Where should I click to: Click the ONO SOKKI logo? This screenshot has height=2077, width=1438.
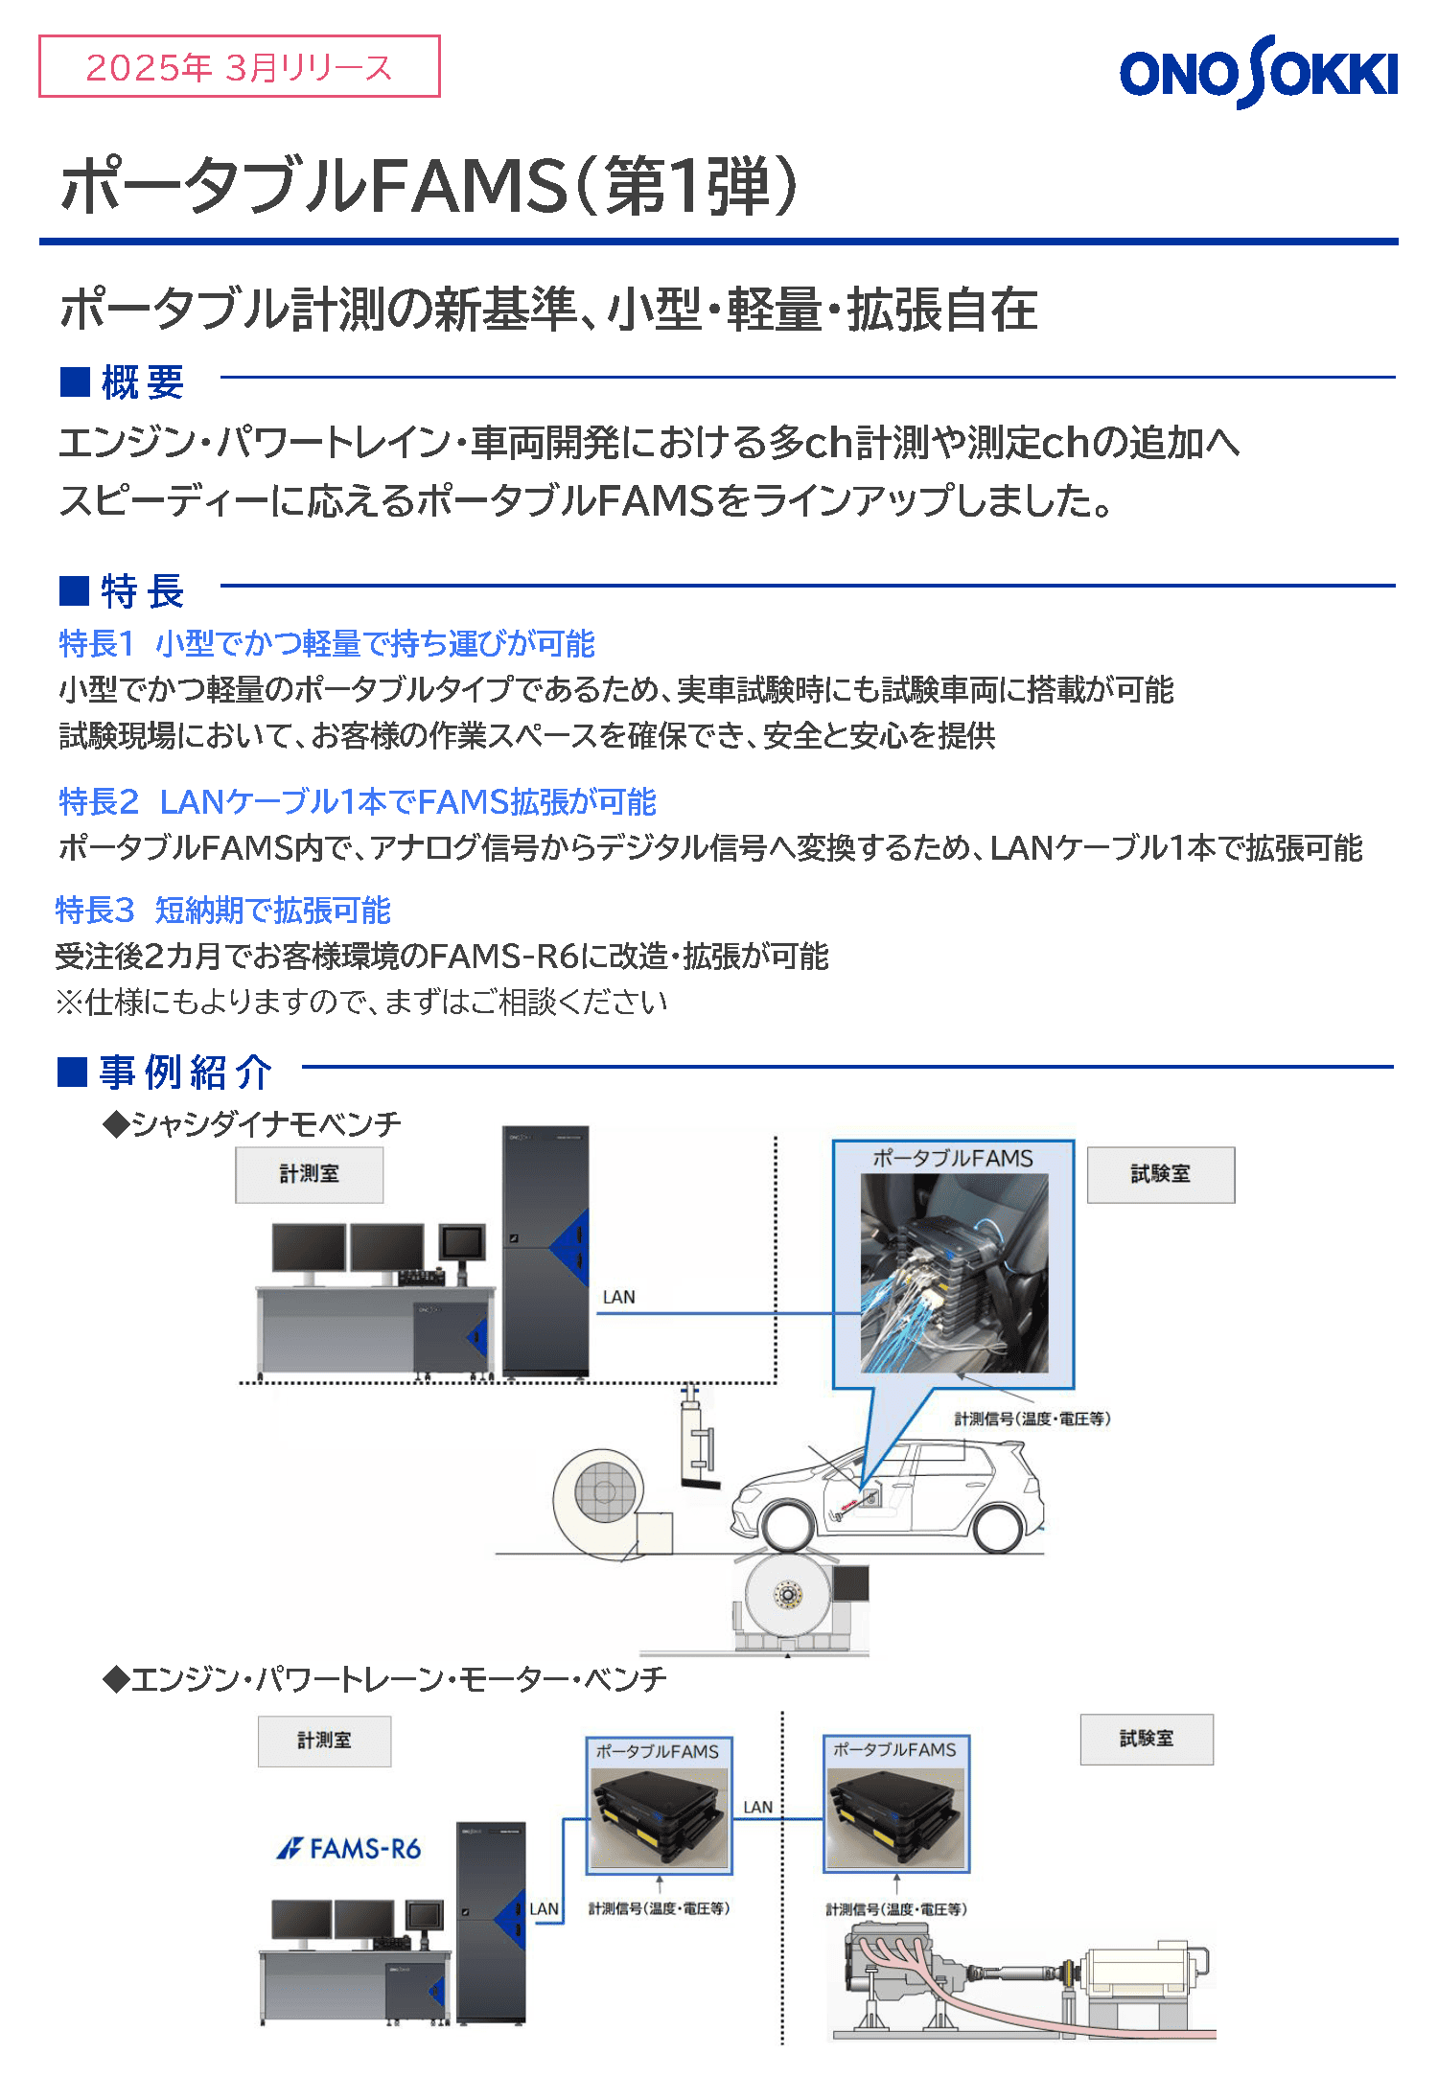click(1259, 72)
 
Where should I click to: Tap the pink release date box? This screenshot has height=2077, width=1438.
click(240, 66)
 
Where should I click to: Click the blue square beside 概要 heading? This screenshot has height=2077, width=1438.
click(75, 381)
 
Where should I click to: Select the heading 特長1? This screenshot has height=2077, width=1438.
click(96, 643)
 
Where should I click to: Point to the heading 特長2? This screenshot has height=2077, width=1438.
click(99, 801)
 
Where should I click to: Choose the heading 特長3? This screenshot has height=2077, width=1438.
click(95, 910)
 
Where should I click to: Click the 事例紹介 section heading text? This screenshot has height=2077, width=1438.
click(186, 1072)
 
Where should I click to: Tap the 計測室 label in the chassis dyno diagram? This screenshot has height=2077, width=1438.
click(310, 1174)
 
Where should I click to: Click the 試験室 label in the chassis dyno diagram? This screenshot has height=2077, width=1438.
click(1161, 1174)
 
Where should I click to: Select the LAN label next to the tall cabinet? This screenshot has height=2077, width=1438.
click(618, 1297)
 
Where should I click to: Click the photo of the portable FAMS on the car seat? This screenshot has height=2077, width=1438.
click(954, 1273)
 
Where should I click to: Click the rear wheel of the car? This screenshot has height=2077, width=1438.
click(997, 1527)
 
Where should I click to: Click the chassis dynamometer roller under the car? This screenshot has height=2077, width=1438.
click(788, 1593)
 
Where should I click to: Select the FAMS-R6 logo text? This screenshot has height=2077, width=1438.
click(349, 1848)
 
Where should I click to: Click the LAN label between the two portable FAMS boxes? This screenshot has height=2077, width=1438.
click(757, 1807)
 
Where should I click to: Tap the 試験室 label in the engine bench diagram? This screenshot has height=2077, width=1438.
click(1147, 1739)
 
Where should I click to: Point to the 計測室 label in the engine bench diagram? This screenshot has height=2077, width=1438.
click(324, 1741)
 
